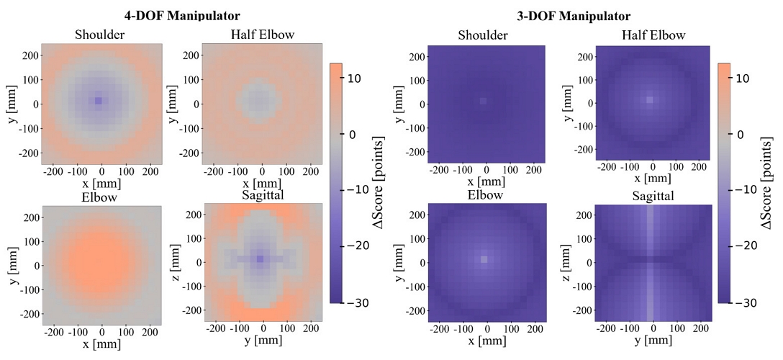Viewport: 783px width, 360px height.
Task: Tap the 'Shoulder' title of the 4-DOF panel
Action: (101, 35)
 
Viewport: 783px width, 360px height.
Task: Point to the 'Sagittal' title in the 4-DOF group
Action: (261, 197)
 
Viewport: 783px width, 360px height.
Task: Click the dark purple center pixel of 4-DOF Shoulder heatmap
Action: (99, 101)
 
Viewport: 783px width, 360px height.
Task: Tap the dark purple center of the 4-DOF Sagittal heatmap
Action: (260, 258)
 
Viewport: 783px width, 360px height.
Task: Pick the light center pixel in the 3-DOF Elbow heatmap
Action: (484, 259)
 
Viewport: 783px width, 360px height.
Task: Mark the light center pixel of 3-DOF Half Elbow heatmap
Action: (649, 100)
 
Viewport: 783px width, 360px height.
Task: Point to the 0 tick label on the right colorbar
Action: (738, 135)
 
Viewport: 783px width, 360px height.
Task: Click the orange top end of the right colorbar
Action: (723, 66)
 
